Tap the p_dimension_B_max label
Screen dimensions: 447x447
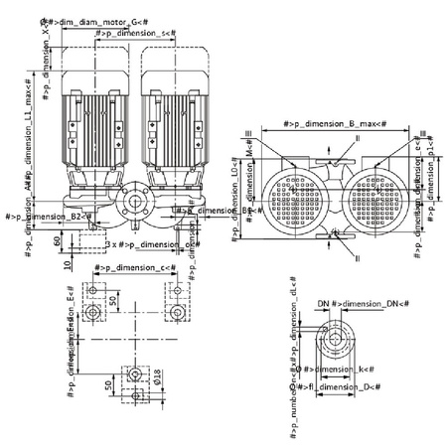tap(334, 124)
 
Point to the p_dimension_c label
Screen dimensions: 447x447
tap(134, 268)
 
